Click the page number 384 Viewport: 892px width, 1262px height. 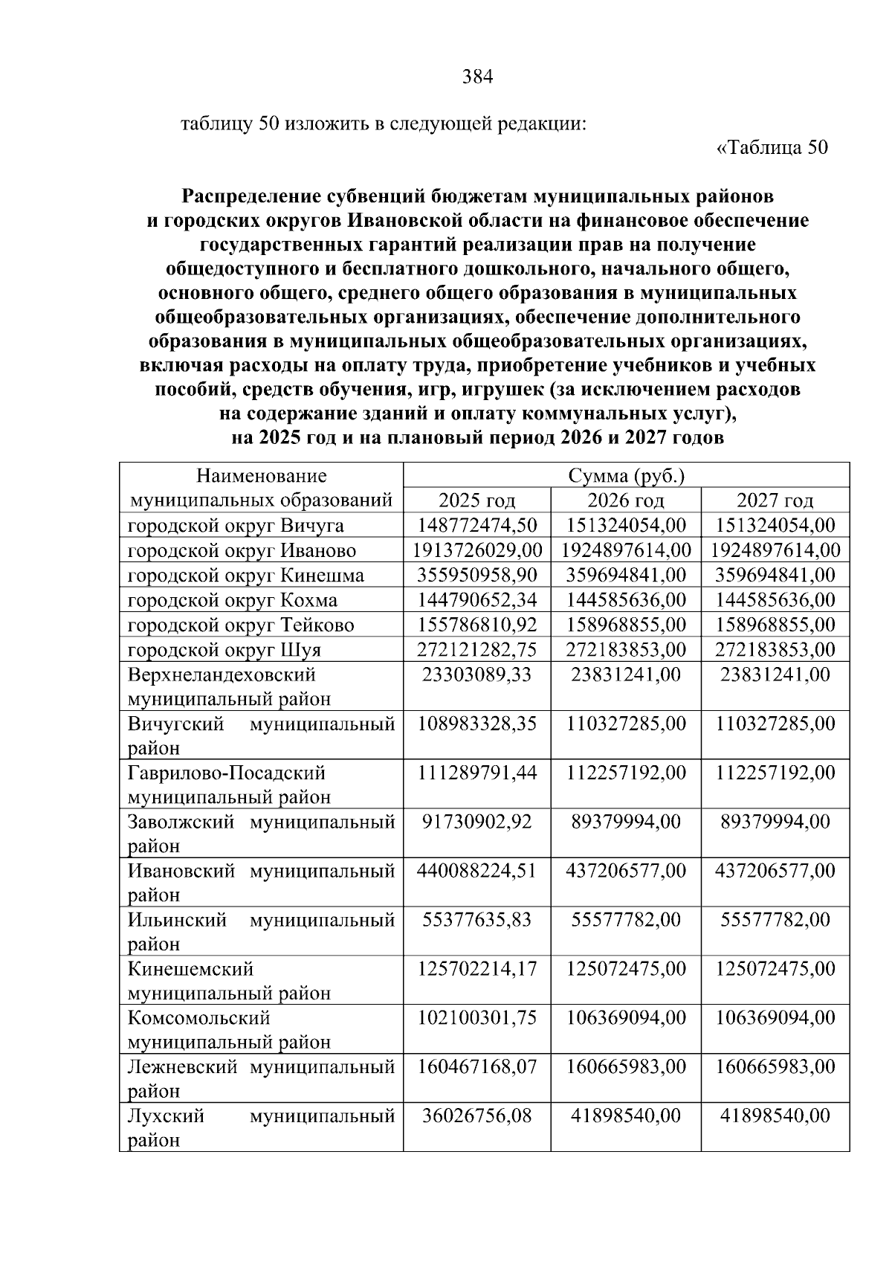pyautogui.click(x=477, y=77)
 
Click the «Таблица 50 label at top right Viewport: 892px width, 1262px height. pyautogui.click(x=772, y=147)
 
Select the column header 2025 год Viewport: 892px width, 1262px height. pyautogui.click(x=476, y=500)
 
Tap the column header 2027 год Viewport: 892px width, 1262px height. pyautogui.click(x=775, y=500)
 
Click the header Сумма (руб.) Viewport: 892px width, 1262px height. pyautogui.click(x=626, y=476)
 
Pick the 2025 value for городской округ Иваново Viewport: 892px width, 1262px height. pyautogui.click(x=476, y=550)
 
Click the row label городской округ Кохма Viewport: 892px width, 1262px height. pyautogui.click(x=232, y=600)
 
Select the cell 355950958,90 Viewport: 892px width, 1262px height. pyautogui.click(x=476, y=575)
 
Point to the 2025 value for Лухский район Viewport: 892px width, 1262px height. pyautogui.click(x=476, y=1115)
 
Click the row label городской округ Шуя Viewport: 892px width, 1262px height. pyautogui.click(x=224, y=650)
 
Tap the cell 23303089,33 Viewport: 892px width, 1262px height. pyautogui.click(x=476, y=675)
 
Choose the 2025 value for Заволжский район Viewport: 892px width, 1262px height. pyautogui.click(x=476, y=822)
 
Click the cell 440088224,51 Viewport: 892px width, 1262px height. pyautogui.click(x=476, y=871)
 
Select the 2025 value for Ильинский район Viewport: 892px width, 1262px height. pyautogui.click(x=476, y=920)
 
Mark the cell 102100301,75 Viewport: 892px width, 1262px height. pyautogui.click(x=476, y=1017)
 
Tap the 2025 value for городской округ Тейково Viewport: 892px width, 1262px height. pyautogui.click(x=476, y=625)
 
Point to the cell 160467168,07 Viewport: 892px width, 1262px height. pyautogui.click(x=476, y=1066)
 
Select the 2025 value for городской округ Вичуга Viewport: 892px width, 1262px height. pyautogui.click(x=476, y=526)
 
